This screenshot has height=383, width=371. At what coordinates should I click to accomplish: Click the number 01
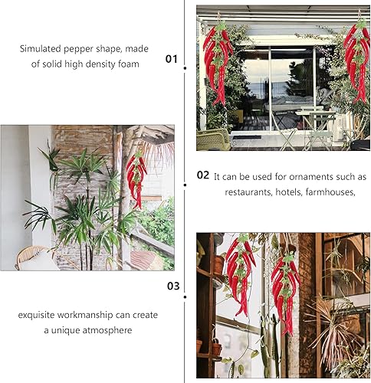(x=171, y=59)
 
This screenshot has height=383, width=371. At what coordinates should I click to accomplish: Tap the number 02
(x=203, y=175)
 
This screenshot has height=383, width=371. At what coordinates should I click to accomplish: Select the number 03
(x=173, y=286)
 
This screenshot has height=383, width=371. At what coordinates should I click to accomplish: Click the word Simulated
(x=41, y=48)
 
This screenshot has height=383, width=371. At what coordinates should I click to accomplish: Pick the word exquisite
(x=36, y=315)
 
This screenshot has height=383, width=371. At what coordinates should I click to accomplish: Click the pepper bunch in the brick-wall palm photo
(x=136, y=179)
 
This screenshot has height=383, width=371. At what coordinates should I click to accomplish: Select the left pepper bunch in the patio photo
(x=217, y=64)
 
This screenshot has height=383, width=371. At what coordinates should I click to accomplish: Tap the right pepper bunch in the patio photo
(x=358, y=61)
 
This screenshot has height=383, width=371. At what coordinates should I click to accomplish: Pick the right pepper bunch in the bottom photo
(x=285, y=293)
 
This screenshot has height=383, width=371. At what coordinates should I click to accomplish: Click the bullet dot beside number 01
(x=185, y=68)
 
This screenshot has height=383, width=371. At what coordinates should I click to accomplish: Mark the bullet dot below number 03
(x=185, y=296)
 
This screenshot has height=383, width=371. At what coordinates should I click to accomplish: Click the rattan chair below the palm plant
(x=33, y=258)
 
